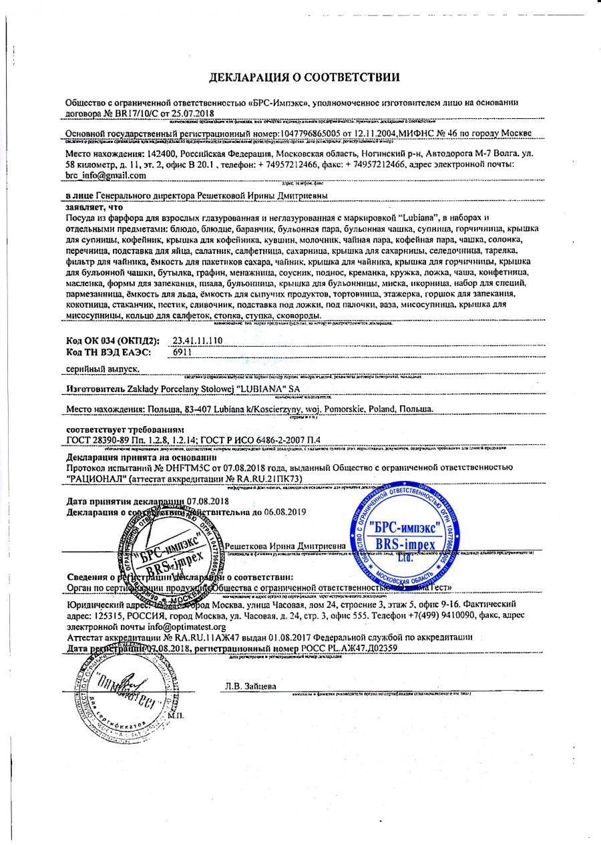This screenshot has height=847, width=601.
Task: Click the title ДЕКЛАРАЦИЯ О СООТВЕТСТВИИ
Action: coord(305,77)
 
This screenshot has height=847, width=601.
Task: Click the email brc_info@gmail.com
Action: coord(106,176)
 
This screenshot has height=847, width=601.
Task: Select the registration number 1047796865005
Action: coord(296,134)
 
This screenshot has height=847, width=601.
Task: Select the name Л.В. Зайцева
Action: coord(250,687)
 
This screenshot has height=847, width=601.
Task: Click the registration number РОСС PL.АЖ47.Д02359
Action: coord(341,647)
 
